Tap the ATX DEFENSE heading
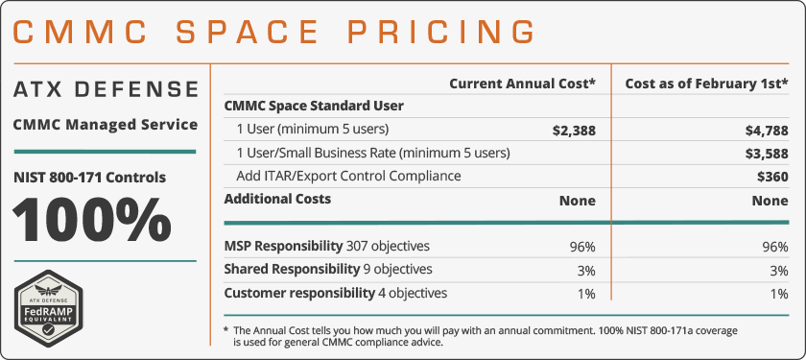coord(106,89)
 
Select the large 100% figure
coord(92,220)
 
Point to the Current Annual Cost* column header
coord(522,84)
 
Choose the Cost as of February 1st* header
coord(706,84)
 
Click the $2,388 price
coord(574,130)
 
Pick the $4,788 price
coord(766,130)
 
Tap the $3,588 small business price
coord(766,153)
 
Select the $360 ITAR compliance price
coord(772,176)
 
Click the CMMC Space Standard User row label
coord(314,106)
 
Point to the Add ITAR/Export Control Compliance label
coord(348,176)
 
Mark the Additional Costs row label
coord(277,199)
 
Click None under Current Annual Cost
coord(578,200)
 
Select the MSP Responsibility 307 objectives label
coord(326,245)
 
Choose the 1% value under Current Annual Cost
coord(583,293)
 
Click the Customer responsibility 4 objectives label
coord(335,293)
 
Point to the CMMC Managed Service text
coord(106,124)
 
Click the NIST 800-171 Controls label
coord(89,177)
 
